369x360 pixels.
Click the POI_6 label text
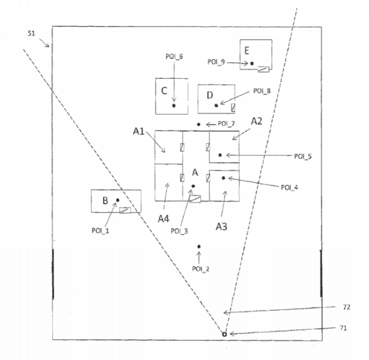[174, 57]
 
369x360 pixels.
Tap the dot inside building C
[174, 106]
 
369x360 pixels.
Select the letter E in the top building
[246, 50]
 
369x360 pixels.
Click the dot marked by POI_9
[252, 64]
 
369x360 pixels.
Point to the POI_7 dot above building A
[198, 124]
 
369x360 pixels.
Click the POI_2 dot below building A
[199, 246]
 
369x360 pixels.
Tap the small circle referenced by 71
[224, 334]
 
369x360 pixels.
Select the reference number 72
[346, 307]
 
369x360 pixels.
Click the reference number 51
[31, 34]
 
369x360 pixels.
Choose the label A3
[222, 227]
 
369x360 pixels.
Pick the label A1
[139, 131]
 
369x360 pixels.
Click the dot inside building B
[117, 200]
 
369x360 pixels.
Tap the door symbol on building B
[125, 210]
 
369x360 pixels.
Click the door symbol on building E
[264, 69]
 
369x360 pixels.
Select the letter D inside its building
[210, 95]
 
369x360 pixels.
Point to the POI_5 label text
[303, 157]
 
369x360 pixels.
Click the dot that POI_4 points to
[223, 178]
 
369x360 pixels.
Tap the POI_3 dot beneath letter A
[193, 186]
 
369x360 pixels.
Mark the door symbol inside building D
[233, 107]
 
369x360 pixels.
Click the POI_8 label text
[262, 91]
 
